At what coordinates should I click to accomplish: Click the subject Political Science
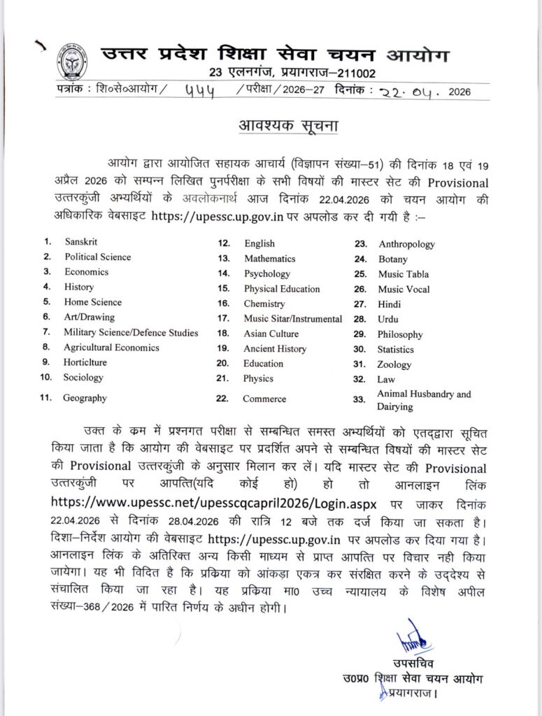(97, 257)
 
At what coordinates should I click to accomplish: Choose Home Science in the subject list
(92, 302)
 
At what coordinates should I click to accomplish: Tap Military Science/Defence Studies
(131, 332)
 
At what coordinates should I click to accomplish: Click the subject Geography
(85, 398)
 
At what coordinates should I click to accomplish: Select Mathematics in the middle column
(270, 259)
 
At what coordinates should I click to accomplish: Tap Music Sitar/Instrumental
(293, 319)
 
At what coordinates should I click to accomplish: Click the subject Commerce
(264, 399)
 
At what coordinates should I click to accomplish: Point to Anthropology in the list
(406, 244)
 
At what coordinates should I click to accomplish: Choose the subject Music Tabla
(404, 274)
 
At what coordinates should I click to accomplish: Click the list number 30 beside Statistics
(360, 349)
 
